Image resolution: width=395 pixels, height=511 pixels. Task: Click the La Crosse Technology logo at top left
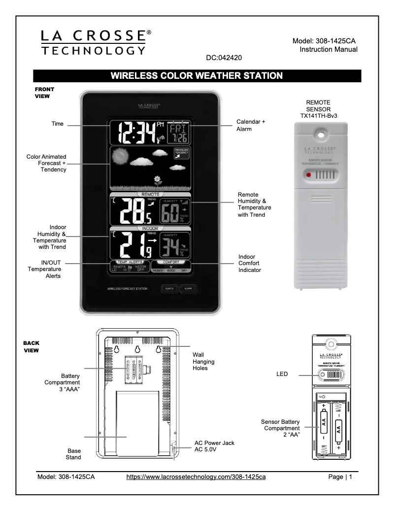[94, 43]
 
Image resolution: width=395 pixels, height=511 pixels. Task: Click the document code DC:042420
[224, 58]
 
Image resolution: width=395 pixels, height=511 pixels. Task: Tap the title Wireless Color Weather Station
[197, 76]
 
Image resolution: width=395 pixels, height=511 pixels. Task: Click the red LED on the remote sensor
[308, 175]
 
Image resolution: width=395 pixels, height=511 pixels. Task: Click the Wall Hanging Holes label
[203, 361]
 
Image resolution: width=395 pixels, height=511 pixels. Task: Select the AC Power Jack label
[214, 446]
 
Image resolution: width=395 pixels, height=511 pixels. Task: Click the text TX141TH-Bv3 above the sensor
[322, 116]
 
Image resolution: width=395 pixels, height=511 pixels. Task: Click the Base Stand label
[73, 454]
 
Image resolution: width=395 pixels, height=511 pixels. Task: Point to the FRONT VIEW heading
[44, 93]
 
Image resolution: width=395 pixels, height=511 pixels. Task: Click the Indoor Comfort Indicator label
[250, 263]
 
